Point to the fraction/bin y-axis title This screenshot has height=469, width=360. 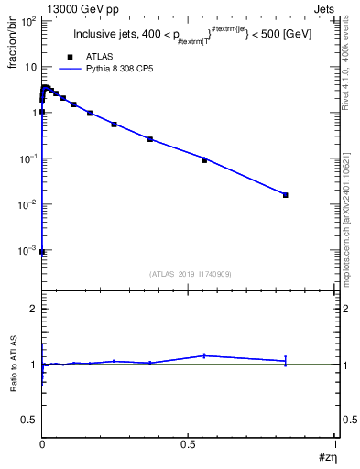(12, 45)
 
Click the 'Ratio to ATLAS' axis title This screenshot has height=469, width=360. (13, 363)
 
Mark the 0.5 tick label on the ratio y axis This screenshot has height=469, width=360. (30, 420)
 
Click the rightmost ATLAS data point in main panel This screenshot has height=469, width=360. (286, 195)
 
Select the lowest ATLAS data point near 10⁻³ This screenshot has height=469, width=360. (43, 251)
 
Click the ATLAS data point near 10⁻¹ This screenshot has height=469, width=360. (204, 160)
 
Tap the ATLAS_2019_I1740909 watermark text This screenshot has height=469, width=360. (190, 274)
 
